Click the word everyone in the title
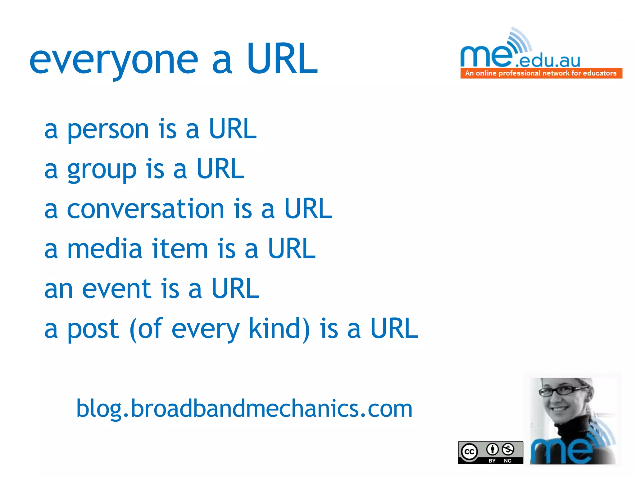(x=113, y=61)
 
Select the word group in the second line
(x=102, y=170)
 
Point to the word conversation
(x=145, y=209)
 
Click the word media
(x=105, y=249)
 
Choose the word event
(x=116, y=289)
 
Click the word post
(x=93, y=329)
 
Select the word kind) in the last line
(x=279, y=329)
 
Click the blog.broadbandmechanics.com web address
(x=244, y=409)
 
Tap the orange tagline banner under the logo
(x=541, y=73)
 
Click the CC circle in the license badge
(x=469, y=452)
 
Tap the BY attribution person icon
(x=492, y=449)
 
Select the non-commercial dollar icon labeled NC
(x=508, y=449)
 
